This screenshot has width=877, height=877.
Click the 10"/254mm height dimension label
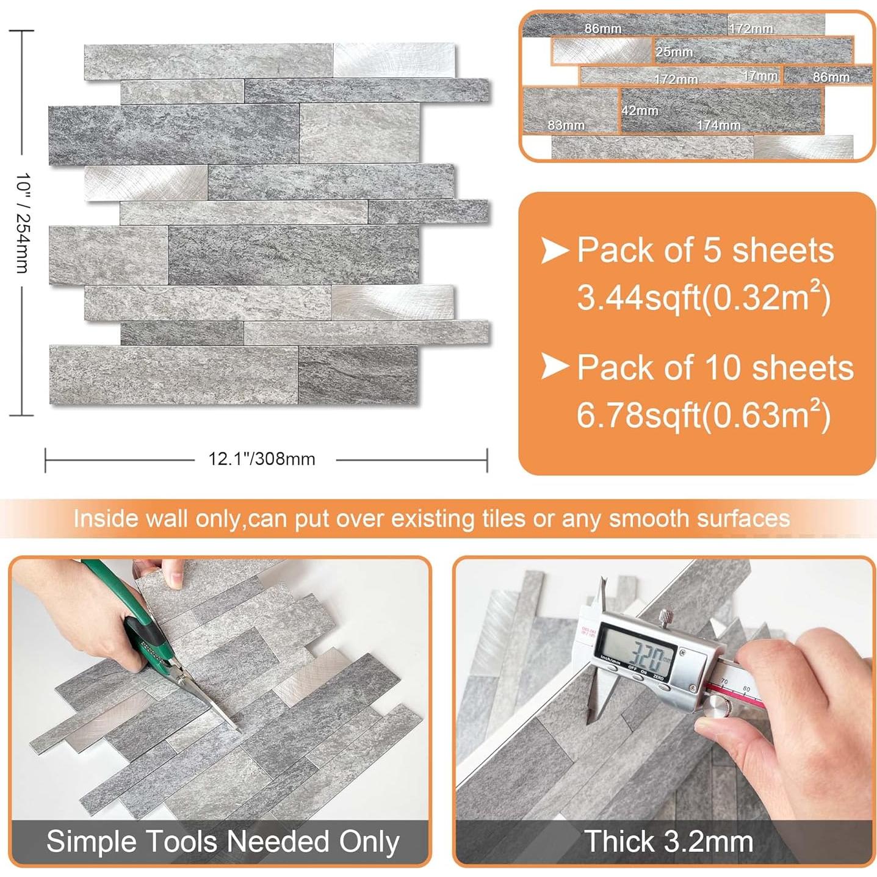(x=23, y=223)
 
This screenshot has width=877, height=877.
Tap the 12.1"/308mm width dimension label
(x=262, y=459)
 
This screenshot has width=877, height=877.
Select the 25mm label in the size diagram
(x=674, y=52)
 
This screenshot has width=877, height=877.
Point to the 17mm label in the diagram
(x=760, y=76)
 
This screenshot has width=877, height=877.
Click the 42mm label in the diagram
(x=640, y=110)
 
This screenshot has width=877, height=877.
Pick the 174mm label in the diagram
(x=718, y=125)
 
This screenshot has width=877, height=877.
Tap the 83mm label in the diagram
(x=566, y=125)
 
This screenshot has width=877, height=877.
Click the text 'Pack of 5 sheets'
(x=705, y=250)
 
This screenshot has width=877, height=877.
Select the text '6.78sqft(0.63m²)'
(x=703, y=415)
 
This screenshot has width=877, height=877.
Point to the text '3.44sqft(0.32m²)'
(x=703, y=298)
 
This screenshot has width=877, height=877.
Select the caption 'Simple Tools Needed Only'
(x=223, y=842)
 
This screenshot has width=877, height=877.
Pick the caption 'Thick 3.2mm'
(x=668, y=842)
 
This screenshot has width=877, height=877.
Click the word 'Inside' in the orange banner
(x=106, y=519)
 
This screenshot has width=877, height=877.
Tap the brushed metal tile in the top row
(x=394, y=60)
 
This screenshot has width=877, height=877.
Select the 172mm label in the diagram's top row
(x=750, y=29)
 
